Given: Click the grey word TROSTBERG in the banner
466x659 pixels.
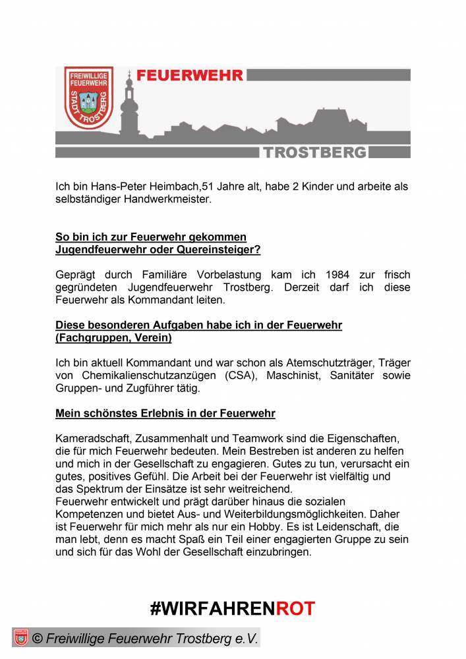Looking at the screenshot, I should coord(315,153).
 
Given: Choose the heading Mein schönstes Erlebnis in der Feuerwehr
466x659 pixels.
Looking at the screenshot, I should coord(165,413).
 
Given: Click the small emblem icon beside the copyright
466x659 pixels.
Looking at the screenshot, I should coord(20,638).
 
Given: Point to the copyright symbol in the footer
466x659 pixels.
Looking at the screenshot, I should coord(38,639).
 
